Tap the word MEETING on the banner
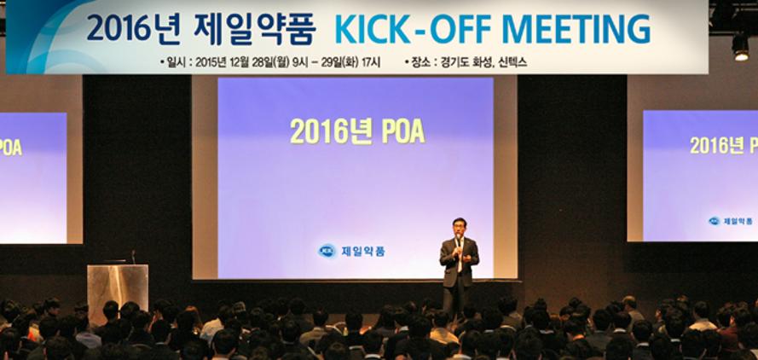pyautogui.click(x=576, y=29)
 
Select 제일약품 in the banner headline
pyautogui.click(x=255, y=29)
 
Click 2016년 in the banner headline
pyautogui.click(x=134, y=29)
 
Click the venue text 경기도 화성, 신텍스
pyautogui.click(x=483, y=62)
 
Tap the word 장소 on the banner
pyautogui.click(x=420, y=62)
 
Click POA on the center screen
pyautogui.click(x=403, y=131)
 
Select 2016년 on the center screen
pyautogui.click(x=331, y=131)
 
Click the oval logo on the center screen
pyautogui.click(x=327, y=251)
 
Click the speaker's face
pyautogui.click(x=460, y=227)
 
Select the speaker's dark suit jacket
pyautogui.click(x=459, y=261)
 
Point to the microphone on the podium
pyautogui.click(x=133, y=257)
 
